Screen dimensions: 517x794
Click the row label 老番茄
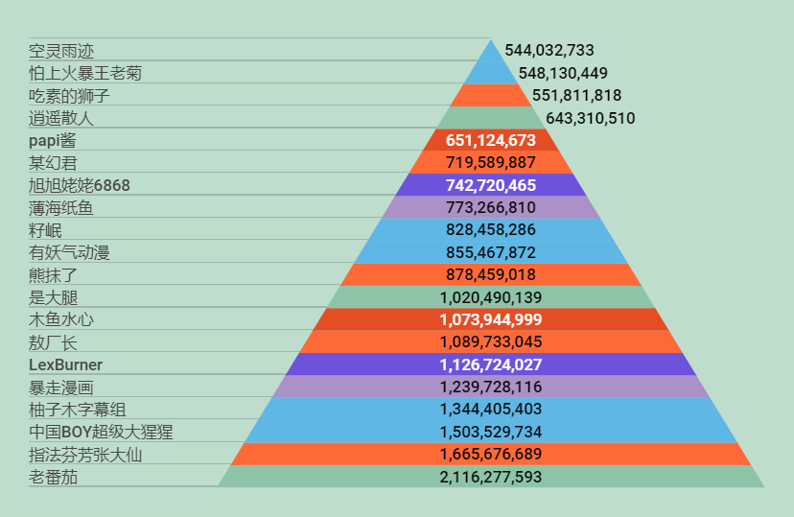(54, 477)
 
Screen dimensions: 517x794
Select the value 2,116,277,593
(491, 477)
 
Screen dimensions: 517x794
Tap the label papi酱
(59, 140)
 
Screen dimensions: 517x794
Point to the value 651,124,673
(491, 140)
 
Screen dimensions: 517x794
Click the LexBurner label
(65, 364)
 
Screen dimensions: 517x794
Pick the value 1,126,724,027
(491, 364)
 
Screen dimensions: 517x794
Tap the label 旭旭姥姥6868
(80, 185)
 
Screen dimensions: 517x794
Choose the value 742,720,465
(491, 185)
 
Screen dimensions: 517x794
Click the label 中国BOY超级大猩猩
(101, 432)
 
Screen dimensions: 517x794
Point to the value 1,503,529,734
(491, 432)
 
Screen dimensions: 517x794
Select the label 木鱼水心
(61, 319)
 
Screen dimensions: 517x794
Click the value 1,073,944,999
(491, 319)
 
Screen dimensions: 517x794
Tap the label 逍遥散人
(61, 118)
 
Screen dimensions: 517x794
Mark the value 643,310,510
(590, 118)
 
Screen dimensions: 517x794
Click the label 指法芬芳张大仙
(85, 455)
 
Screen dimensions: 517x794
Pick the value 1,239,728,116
(491, 387)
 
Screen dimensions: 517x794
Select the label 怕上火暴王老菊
(86, 73)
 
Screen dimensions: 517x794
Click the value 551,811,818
(576, 95)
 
